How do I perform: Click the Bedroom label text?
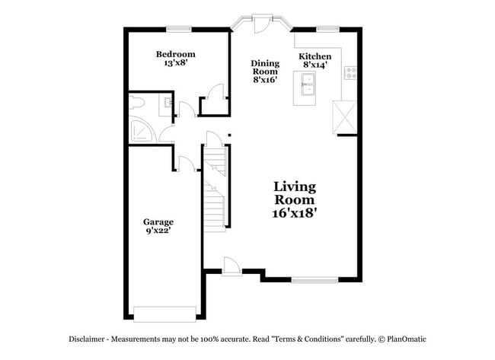click(x=176, y=54)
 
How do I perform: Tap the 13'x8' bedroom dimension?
click(x=176, y=64)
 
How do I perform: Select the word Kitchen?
click(x=315, y=56)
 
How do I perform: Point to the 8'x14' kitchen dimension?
click(x=315, y=65)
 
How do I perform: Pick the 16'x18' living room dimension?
click(x=295, y=214)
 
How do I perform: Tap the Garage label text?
click(x=158, y=222)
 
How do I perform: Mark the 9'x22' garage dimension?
click(x=158, y=231)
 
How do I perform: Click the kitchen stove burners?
click(x=351, y=73)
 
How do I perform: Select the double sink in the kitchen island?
click(x=308, y=90)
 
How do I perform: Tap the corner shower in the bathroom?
click(x=140, y=131)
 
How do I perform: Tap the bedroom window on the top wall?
click(x=179, y=29)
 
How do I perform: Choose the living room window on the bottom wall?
click(x=314, y=280)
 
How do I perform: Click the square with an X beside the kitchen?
click(x=346, y=117)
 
